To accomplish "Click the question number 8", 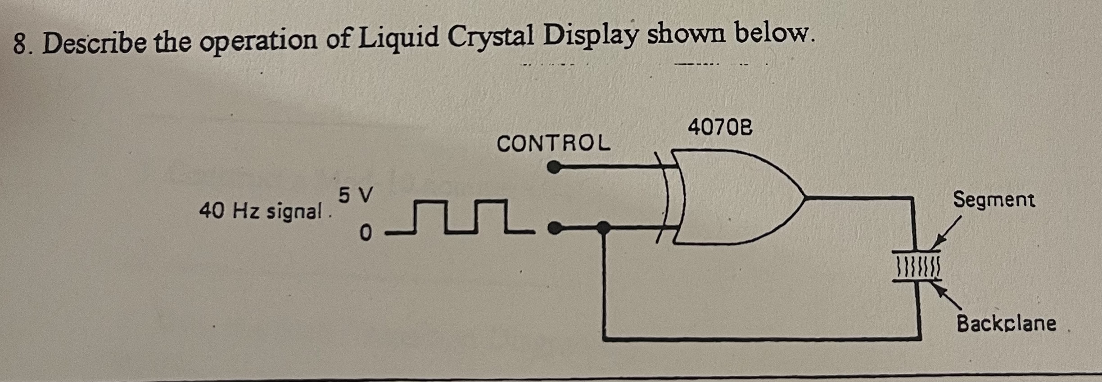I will pyautogui.click(x=20, y=44).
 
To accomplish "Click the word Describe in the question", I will pyautogui.click(x=95, y=44).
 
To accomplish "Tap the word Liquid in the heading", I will pyautogui.click(x=399, y=38).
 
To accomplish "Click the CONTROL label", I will pyautogui.click(x=554, y=144).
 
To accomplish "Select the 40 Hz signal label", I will pyautogui.click(x=261, y=211).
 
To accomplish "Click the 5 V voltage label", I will pyautogui.click(x=356, y=195).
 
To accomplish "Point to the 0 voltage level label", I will pyautogui.click(x=366, y=233).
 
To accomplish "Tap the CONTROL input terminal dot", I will pyautogui.click(x=554, y=168).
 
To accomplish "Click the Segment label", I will pyautogui.click(x=994, y=200).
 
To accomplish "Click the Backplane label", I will pyautogui.click(x=1006, y=324).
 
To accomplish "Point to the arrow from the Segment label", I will pyautogui.click(x=945, y=234).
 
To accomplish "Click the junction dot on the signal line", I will pyautogui.click(x=605, y=228).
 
